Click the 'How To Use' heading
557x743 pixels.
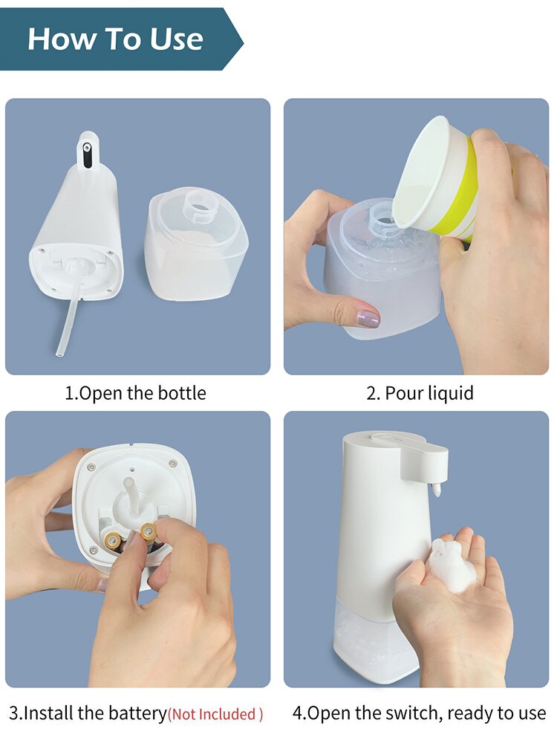(x=115, y=39)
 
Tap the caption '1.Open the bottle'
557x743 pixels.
(x=136, y=393)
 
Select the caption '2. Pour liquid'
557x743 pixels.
(x=420, y=393)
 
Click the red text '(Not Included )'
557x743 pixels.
(x=215, y=715)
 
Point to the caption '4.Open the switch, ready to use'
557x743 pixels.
(x=419, y=714)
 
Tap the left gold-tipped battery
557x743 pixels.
(x=114, y=540)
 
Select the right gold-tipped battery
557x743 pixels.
(x=149, y=531)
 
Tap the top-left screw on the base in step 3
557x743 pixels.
(x=91, y=467)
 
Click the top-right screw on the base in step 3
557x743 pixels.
(x=173, y=463)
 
